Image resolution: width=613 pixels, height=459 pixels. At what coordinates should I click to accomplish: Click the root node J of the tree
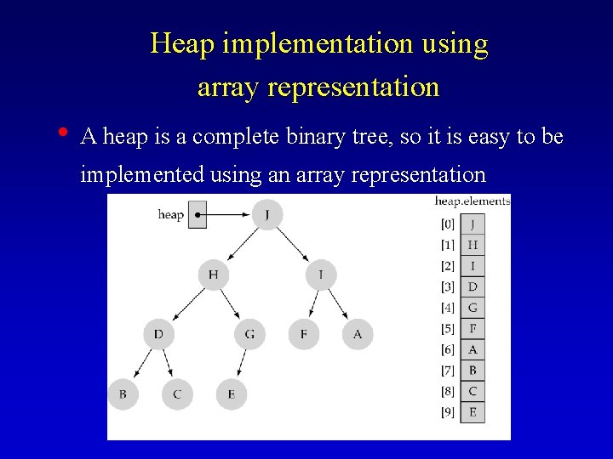coord(267,214)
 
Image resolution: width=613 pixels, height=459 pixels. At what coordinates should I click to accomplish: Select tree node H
coord(213,275)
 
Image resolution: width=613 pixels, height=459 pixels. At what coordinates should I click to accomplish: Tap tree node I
coord(321,275)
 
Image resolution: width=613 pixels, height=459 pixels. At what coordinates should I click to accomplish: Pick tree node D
coord(158,334)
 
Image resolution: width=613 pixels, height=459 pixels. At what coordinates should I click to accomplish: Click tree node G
coord(249,334)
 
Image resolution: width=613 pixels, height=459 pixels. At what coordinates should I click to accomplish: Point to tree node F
coord(304,334)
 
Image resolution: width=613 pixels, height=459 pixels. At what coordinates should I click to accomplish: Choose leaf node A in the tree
coord(358,334)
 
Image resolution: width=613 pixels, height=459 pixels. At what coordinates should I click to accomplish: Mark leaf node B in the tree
coord(123,394)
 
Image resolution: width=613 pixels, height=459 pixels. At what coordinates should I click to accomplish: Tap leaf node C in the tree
coord(177,394)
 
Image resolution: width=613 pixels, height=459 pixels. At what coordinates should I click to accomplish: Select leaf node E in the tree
coord(231,394)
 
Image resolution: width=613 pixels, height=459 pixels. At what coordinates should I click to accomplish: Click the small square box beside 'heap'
coord(197,215)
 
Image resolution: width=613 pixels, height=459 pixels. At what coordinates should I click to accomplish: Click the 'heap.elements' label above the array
coord(473,201)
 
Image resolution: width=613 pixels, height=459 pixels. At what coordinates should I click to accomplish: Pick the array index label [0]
coord(448,224)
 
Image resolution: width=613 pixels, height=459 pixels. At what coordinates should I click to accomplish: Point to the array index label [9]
coord(448,412)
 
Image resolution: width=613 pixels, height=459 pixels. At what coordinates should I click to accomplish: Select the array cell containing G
coord(473,308)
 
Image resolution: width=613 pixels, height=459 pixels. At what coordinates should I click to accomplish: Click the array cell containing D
coord(473,286)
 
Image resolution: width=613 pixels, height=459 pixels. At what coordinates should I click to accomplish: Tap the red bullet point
coord(64,133)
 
